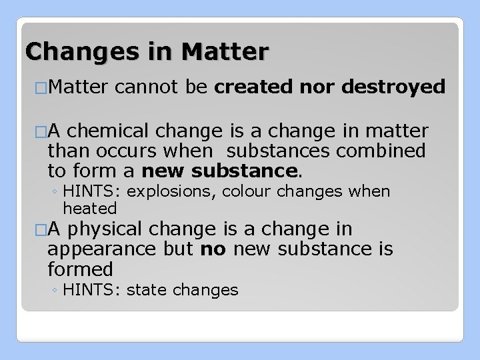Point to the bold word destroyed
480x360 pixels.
(x=388, y=86)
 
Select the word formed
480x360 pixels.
(x=80, y=269)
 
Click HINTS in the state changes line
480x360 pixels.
(x=93, y=290)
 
